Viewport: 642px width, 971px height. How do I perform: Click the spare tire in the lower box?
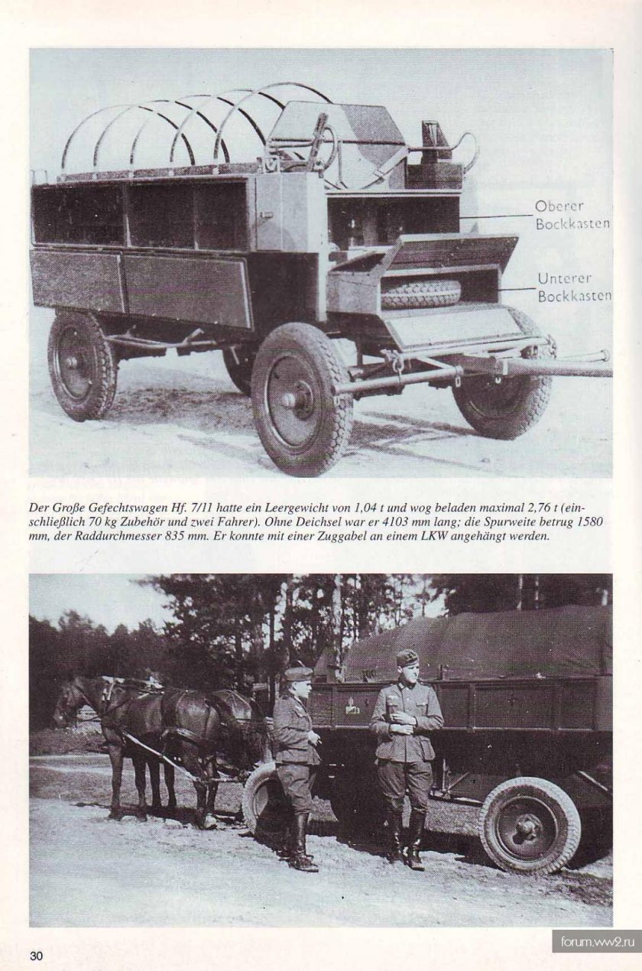[x=421, y=294]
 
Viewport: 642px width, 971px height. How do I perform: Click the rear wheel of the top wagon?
[x=83, y=365]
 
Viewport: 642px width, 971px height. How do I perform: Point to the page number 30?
[x=37, y=955]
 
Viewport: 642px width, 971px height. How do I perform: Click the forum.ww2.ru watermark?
[x=596, y=941]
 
